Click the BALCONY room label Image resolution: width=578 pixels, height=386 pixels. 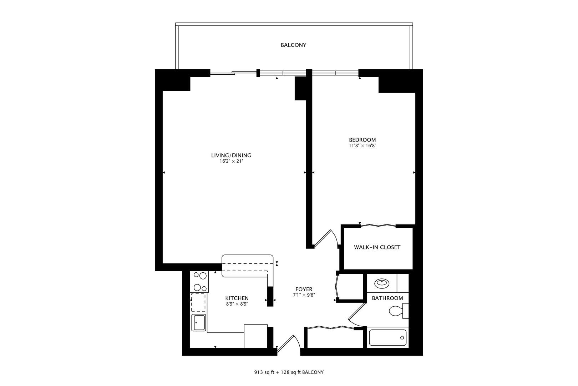tap(293, 45)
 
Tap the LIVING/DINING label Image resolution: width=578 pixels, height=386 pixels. tap(231, 155)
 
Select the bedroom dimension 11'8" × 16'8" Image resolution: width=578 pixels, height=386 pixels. tap(362, 146)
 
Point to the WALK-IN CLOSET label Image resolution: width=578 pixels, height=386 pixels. tap(377, 247)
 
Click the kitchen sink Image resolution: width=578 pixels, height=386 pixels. tap(198, 323)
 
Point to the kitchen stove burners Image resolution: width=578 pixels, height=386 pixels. tap(199, 282)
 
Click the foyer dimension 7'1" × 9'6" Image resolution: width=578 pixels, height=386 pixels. tap(304, 295)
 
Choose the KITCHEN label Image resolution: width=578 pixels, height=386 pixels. tap(237, 298)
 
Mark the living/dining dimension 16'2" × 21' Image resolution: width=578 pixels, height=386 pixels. tap(231, 161)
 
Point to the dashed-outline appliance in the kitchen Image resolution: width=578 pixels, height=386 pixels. tap(198, 303)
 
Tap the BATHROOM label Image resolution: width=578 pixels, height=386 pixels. tap(387, 298)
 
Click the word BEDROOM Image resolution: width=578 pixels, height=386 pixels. tap(362, 140)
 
